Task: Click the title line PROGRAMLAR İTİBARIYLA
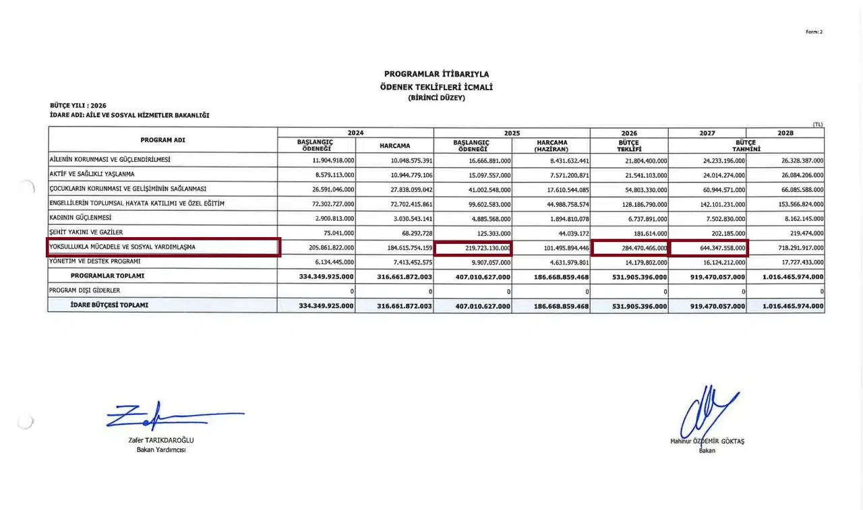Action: (x=436, y=74)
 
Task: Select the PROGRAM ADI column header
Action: (x=162, y=140)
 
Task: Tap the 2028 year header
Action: (x=785, y=133)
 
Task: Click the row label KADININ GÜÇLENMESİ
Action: (x=80, y=218)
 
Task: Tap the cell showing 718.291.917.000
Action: (x=792, y=248)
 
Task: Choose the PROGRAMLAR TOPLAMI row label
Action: (x=107, y=276)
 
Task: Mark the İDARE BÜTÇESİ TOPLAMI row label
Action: (x=109, y=305)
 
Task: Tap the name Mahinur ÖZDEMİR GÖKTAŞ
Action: (x=707, y=441)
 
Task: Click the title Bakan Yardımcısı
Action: (x=161, y=450)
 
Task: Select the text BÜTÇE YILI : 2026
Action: (x=78, y=106)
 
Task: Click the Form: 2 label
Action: (x=814, y=32)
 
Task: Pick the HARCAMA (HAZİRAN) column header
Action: (x=552, y=146)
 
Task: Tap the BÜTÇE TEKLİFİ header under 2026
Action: (x=629, y=146)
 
